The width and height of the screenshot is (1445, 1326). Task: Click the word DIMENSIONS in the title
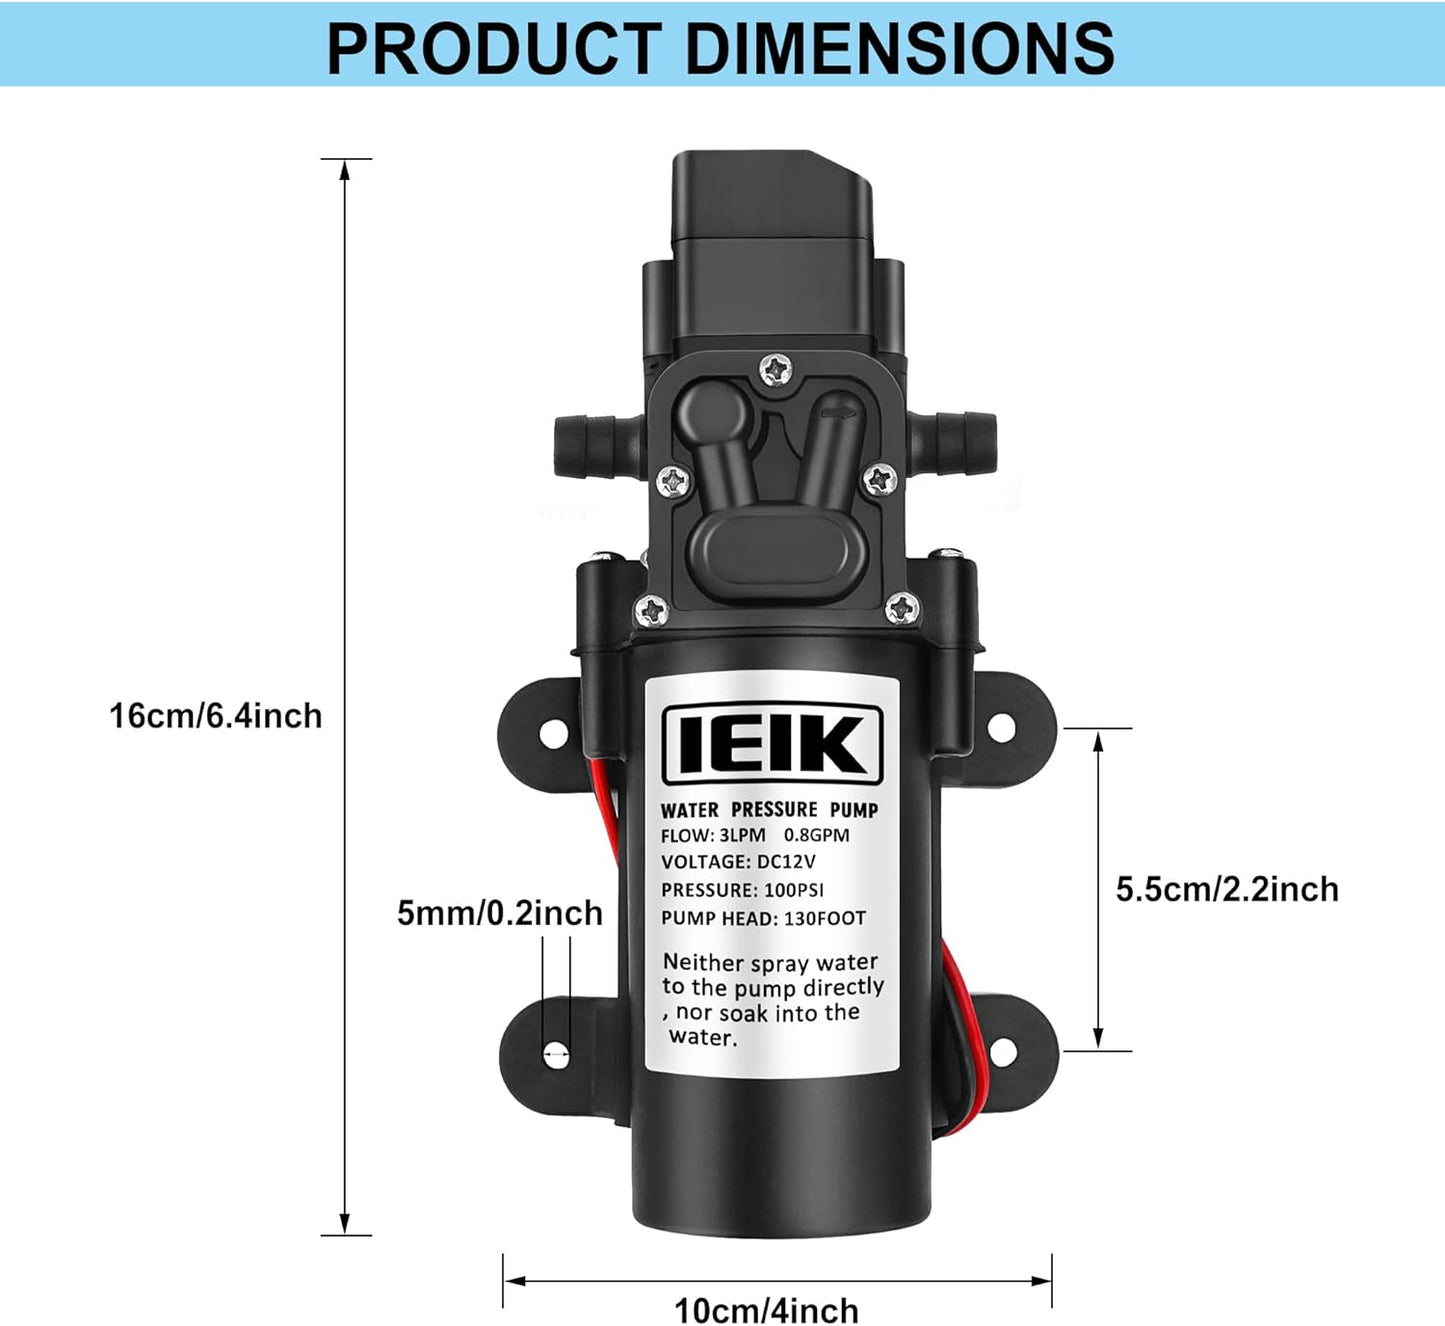point(901,48)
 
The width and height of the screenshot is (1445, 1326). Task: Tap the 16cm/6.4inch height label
point(215,716)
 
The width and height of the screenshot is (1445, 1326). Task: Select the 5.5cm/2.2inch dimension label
point(1227,889)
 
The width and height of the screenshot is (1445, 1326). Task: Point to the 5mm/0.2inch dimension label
point(500,913)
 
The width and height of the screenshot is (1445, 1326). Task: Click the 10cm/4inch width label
point(766,1309)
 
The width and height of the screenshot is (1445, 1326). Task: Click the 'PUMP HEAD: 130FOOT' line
point(763,918)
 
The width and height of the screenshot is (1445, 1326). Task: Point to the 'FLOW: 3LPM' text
point(713,835)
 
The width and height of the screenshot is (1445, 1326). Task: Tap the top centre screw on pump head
point(775,370)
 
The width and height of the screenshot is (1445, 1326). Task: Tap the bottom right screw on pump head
point(902,606)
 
